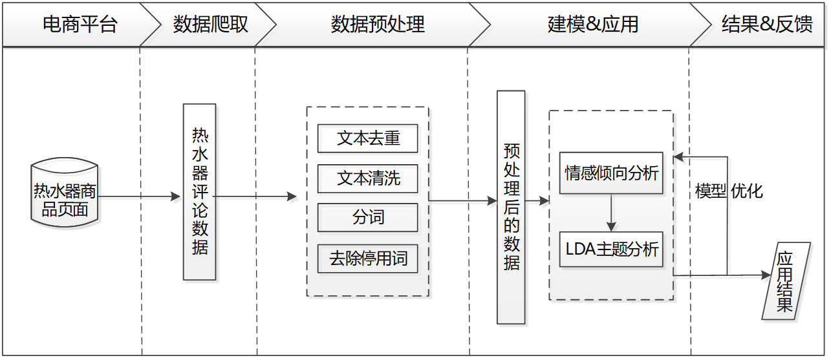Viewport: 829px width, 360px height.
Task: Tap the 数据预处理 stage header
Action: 377,25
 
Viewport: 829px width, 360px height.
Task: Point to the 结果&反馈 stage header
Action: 766,25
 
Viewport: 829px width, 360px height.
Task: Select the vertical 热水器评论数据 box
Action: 200,192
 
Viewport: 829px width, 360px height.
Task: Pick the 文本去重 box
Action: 368,139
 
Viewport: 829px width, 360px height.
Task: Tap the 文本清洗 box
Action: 368,178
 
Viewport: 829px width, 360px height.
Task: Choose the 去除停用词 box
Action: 368,259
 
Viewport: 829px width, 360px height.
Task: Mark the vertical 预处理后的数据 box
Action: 511,207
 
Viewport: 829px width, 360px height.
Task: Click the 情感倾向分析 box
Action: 611,173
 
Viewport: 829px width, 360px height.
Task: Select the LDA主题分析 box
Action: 611,249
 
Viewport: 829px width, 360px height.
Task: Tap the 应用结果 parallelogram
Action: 785,281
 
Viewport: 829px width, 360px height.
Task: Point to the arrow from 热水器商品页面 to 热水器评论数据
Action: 139,197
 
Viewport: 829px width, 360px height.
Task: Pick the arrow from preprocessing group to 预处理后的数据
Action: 462,202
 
